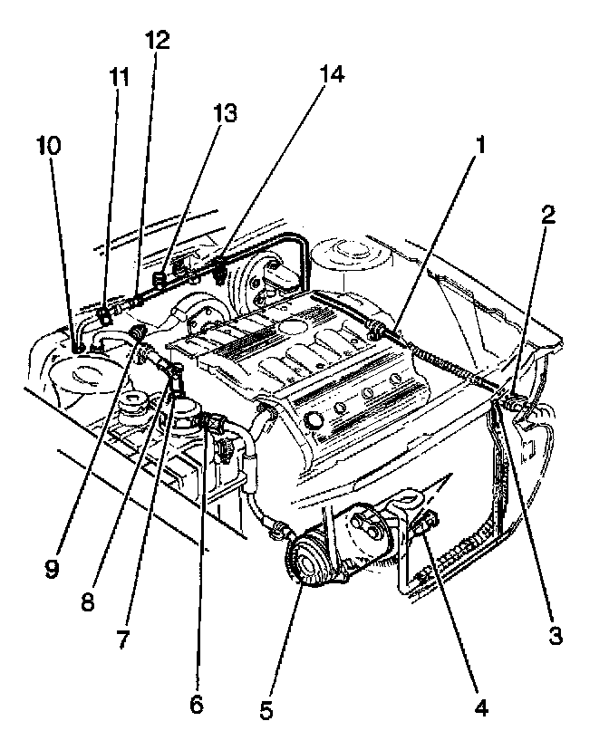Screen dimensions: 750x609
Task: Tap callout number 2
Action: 549,216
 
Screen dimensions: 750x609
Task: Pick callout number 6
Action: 197,703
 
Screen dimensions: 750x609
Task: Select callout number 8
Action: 87,603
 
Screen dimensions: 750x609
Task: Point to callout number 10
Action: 49,144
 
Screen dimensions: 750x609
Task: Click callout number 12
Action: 156,41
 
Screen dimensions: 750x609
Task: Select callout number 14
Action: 333,76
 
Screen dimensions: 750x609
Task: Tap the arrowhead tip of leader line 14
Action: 221,263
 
